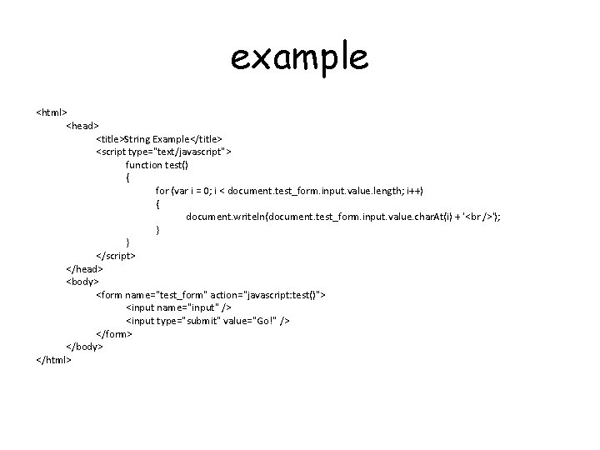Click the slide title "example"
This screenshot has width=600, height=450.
[x=299, y=58]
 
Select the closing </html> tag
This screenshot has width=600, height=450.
[x=53, y=360]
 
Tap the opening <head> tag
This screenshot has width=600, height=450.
[x=82, y=125]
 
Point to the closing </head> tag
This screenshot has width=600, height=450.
[x=84, y=268]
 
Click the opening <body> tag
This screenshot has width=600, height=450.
[x=82, y=282]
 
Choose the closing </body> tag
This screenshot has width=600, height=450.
[x=84, y=346]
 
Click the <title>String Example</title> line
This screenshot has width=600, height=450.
[x=159, y=138]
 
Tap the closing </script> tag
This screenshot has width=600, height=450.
[x=116, y=255]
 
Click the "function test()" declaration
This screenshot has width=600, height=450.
[x=157, y=164]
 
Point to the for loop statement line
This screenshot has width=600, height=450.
[x=289, y=190]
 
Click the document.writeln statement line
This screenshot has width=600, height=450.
[x=343, y=217]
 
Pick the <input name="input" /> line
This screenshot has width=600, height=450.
[x=177, y=307]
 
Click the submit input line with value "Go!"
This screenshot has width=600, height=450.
[x=208, y=321]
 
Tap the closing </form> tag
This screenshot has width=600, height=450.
[x=114, y=333]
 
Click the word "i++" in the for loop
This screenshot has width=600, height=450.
[x=412, y=190]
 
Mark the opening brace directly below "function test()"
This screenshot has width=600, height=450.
[x=127, y=177]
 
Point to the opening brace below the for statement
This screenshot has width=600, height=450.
[x=157, y=203]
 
